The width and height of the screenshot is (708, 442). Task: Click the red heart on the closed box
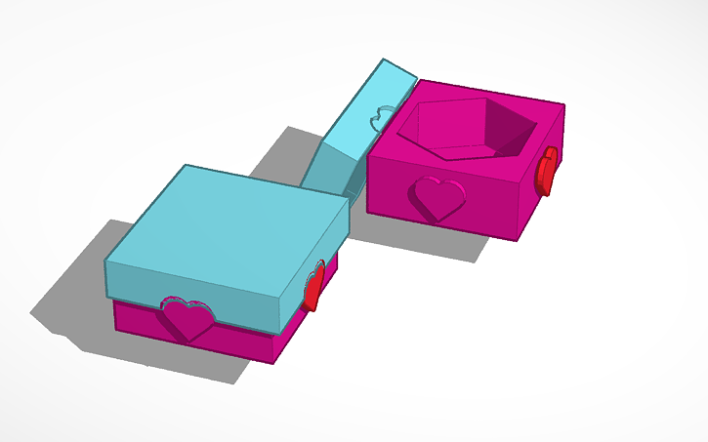tap(314, 287)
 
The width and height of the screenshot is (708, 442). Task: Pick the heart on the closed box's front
tap(187, 319)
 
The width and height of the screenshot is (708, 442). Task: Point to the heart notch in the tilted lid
tap(377, 120)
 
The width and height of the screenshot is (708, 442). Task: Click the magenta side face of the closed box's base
tap(303, 317)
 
